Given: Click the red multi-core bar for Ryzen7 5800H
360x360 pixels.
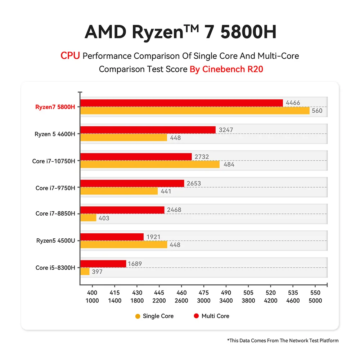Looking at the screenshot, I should click(x=181, y=103).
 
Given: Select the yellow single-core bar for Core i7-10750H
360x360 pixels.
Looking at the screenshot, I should click(x=150, y=164).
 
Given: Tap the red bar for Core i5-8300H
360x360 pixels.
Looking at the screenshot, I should click(x=103, y=264).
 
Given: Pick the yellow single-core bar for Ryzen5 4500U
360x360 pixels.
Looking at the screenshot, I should click(x=123, y=245).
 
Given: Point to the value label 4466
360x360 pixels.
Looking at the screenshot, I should click(x=293, y=103).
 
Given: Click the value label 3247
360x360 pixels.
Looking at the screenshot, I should click(x=226, y=130).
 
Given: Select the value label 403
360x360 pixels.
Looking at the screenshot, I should click(x=104, y=218).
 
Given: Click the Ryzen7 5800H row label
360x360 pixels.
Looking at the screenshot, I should click(x=55, y=107).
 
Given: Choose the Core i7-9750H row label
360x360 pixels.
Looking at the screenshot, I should click(x=55, y=188).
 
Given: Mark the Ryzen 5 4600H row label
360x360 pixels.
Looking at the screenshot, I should click(x=55, y=134).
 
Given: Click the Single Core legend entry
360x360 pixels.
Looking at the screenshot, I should click(x=154, y=316).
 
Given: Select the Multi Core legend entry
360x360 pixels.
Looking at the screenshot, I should click(x=211, y=316).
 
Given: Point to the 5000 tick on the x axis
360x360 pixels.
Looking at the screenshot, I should click(x=315, y=301).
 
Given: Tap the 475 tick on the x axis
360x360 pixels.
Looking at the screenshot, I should click(x=204, y=293).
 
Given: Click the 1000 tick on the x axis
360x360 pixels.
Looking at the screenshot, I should click(x=93, y=301).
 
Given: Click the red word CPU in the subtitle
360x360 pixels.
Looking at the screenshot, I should click(x=70, y=56).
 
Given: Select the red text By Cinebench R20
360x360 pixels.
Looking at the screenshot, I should click(x=226, y=69).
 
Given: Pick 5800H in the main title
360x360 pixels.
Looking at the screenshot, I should click(x=248, y=32).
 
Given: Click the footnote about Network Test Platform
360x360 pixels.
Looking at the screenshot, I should click(x=283, y=340).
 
